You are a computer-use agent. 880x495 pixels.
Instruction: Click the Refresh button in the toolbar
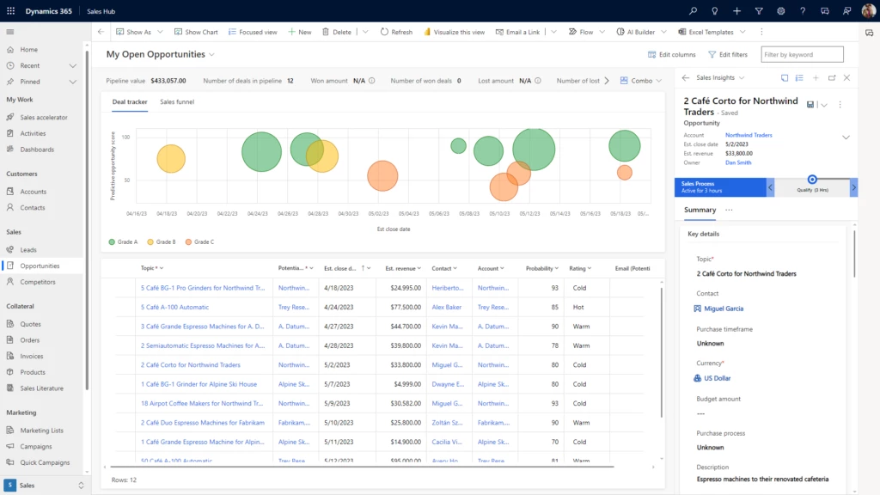[396, 32]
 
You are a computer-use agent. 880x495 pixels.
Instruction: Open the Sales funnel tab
[177, 102]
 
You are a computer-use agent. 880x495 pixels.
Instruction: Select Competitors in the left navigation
[38, 282]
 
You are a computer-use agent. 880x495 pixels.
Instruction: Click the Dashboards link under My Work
[37, 150]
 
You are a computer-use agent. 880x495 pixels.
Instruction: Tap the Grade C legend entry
[199, 242]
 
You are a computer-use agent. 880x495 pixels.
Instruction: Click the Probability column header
[541, 268]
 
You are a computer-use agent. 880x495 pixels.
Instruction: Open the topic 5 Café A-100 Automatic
[174, 307]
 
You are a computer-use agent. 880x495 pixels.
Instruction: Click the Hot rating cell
[578, 307]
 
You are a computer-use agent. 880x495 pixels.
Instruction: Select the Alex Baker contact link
[447, 307]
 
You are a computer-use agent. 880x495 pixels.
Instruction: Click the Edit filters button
[728, 54]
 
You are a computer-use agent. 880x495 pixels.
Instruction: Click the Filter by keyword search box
[802, 54]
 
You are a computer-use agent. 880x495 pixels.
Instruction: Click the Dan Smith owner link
[738, 162]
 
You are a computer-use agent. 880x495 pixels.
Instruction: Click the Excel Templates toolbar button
[705, 32]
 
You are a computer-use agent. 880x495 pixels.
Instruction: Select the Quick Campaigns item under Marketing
[45, 462]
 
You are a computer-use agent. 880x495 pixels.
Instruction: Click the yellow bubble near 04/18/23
[171, 158]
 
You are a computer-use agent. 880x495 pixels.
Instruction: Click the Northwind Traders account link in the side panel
[749, 135]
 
